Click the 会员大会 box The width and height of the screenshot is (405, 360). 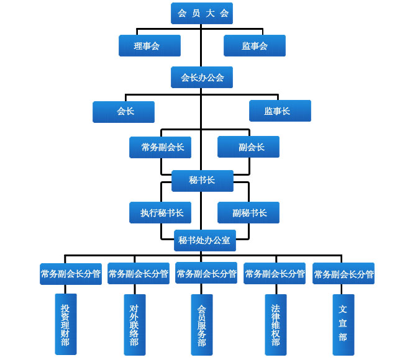[202, 13]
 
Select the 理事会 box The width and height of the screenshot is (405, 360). [150, 45]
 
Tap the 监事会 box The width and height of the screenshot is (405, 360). [255, 45]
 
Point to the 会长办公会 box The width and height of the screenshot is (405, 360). [202, 78]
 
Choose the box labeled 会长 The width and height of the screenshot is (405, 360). [124, 112]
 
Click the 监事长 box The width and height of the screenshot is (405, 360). [280, 111]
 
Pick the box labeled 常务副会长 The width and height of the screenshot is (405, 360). [160, 147]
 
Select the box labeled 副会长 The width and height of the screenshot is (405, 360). [248, 147]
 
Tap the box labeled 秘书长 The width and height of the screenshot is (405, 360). [202, 180]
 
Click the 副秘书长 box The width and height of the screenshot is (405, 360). [248, 212]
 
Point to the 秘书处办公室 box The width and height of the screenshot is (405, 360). [204, 240]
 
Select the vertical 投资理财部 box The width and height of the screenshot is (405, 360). [66, 325]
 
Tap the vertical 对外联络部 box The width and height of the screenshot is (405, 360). [135, 325]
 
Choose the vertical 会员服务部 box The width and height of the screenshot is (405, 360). [202, 325]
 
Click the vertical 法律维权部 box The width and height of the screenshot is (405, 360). [276, 325]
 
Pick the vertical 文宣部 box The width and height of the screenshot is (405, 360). [343, 325]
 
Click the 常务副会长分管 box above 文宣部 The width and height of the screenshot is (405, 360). [344, 274]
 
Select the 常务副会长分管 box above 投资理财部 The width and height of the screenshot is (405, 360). [71, 274]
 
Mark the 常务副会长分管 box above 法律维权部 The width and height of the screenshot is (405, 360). [275, 274]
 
